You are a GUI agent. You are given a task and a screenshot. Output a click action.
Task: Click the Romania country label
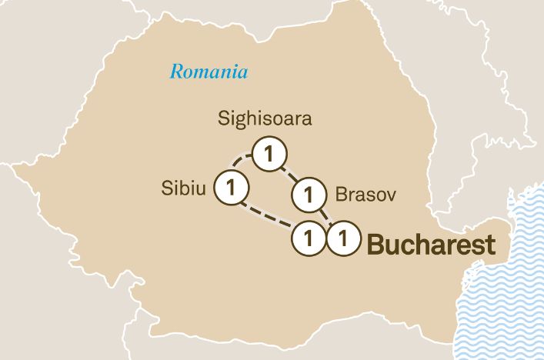click(209, 72)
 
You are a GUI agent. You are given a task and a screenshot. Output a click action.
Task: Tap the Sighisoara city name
click(264, 119)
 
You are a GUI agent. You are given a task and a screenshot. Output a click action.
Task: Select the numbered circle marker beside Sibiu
click(231, 187)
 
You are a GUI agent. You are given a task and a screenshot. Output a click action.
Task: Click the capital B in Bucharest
click(375, 245)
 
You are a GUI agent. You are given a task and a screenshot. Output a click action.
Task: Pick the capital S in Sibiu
click(165, 188)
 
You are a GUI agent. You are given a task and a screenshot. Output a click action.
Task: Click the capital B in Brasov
click(339, 195)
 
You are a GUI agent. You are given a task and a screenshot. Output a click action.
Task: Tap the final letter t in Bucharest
click(489, 245)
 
